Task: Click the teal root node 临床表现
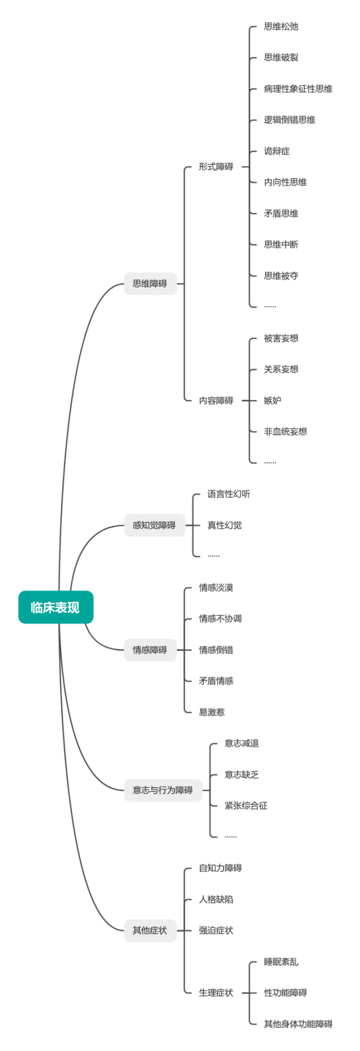pos(55,607)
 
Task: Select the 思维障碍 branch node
pos(150,284)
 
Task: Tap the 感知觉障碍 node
pos(154,525)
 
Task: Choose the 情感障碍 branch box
pos(150,650)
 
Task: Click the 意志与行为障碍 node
pos(163,790)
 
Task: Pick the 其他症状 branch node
pos(150,930)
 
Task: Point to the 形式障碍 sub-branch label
pos(216,167)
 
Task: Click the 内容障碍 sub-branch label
pos(216,401)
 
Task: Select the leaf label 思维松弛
pos(281,27)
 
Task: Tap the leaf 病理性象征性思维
pos(298,89)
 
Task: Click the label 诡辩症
pos(277,151)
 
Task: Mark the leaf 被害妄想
pos(281,338)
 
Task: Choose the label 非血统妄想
pos(285,432)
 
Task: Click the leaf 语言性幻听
pos(229,494)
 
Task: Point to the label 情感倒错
pos(216,650)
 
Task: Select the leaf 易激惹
pos(212,712)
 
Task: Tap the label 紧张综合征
pos(246,805)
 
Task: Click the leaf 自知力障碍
pos(220,868)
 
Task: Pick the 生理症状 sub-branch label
pos(216,993)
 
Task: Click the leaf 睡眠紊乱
pos(281,962)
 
